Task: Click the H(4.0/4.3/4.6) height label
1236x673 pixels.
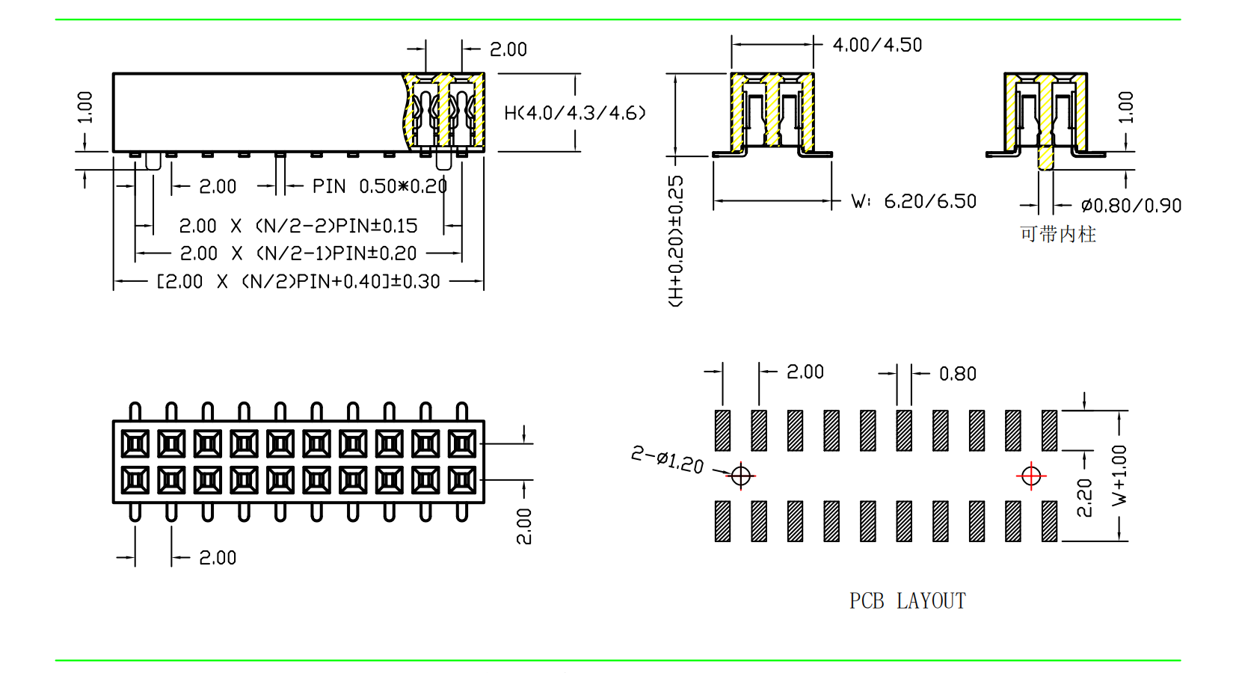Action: click(574, 113)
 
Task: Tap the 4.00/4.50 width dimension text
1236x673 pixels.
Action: click(877, 45)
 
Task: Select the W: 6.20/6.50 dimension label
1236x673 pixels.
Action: click(914, 201)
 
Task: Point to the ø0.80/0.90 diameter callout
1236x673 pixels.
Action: click(1131, 206)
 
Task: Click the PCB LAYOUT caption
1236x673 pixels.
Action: click(907, 601)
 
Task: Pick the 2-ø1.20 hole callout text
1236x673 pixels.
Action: click(667, 459)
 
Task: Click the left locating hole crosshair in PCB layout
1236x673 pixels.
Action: click(741, 476)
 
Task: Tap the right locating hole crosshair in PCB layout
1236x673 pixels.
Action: click(1031, 476)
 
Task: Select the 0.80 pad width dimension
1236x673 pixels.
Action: click(957, 374)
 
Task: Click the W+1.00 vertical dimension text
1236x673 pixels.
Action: click(1119, 476)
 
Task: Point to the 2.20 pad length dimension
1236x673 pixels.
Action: click(1084, 498)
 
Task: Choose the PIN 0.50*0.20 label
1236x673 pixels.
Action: click(379, 186)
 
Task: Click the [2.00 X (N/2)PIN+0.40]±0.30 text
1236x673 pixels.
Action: click(298, 282)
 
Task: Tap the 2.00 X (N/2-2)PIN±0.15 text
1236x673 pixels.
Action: click(298, 226)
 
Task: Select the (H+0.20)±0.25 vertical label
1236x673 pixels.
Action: click(675, 241)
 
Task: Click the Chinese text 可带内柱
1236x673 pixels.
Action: click(1058, 235)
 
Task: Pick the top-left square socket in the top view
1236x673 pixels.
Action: click(135, 444)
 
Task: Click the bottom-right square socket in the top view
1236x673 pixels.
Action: click(462, 480)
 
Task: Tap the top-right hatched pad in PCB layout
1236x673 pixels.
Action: click(1049, 431)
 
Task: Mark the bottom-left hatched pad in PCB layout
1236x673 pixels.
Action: click(722, 521)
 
